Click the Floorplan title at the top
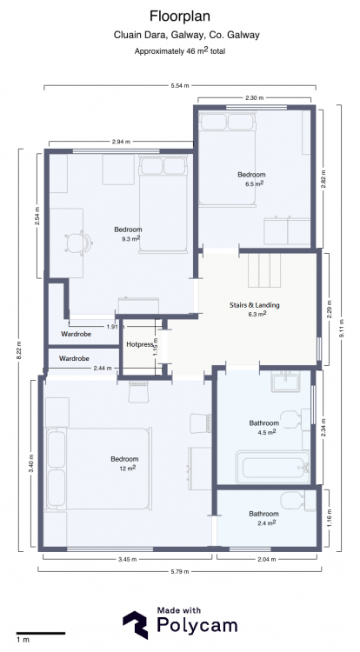click(180, 17)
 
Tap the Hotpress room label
click(140, 344)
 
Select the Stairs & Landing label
click(255, 305)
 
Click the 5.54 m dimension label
click(180, 86)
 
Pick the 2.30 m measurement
click(255, 98)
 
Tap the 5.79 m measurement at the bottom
click(180, 571)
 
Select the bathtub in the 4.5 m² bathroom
click(273, 468)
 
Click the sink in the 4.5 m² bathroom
click(286, 382)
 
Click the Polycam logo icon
click(135, 625)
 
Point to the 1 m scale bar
click(41, 633)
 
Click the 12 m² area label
click(128, 469)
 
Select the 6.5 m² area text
click(255, 183)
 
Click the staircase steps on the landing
click(264, 269)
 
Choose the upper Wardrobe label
click(76, 334)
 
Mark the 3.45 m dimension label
click(127, 559)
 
